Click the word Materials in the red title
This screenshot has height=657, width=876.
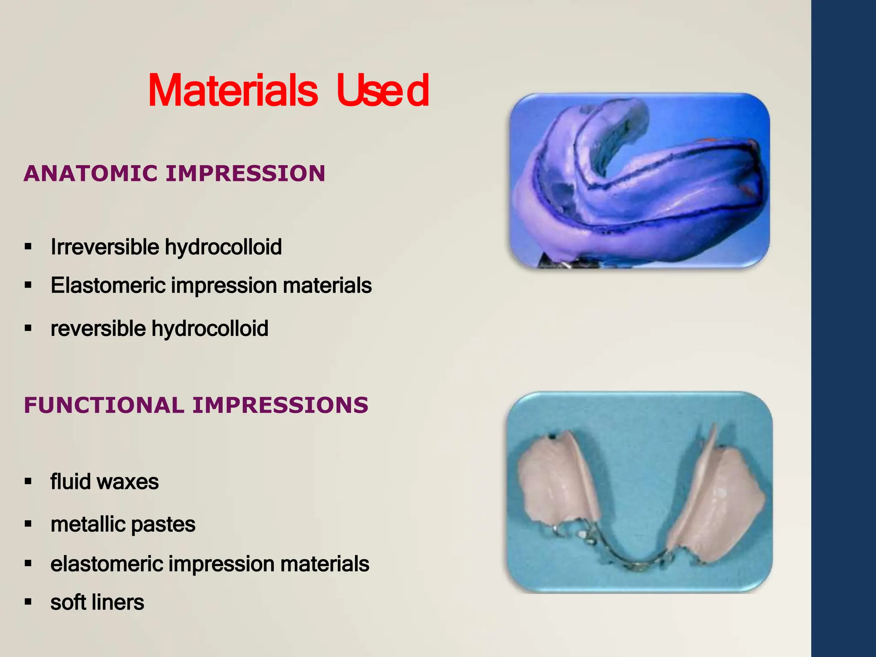pos(233,91)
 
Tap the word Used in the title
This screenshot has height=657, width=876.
pos(382,91)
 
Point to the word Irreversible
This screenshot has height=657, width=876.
pos(105,247)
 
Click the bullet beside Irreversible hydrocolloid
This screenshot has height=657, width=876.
pos(28,246)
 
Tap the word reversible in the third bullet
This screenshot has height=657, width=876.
pos(98,329)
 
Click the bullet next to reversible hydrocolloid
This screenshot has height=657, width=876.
pos(28,328)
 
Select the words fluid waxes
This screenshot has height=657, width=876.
pos(104,482)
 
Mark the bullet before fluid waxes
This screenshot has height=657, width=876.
pos(28,482)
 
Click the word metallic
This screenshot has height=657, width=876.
pos(87,524)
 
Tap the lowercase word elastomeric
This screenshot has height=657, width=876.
pos(107,564)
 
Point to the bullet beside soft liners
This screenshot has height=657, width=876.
pos(28,602)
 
